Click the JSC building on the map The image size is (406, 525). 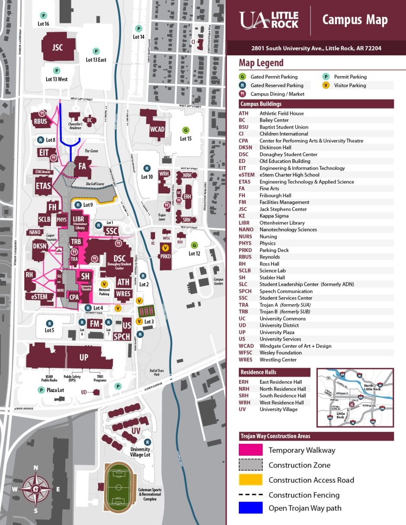click(57, 47)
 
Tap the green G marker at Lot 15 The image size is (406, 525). click(186, 130)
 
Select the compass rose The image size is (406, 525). click(36, 489)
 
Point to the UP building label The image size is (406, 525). click(84, 357)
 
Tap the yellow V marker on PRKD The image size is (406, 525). click(165, 248)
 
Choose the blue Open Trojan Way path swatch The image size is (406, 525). click(251, 508)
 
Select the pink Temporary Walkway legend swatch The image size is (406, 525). click(251, 450)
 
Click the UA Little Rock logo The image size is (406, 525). click(269, 20)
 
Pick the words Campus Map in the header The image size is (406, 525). click(355, 20)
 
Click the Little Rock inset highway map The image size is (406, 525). click(355, 398)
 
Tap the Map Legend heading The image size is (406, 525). click(261, 63)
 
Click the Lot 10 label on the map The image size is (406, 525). click(147, 177)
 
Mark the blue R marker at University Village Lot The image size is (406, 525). click(148, 442)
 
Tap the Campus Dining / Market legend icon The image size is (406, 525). click(243, 94)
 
